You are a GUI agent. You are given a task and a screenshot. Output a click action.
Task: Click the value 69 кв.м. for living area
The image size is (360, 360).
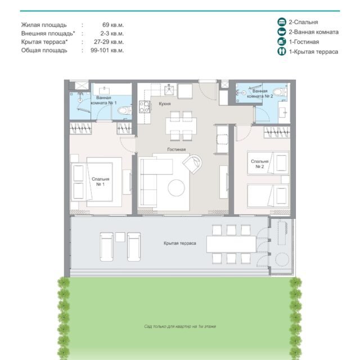(113, 25)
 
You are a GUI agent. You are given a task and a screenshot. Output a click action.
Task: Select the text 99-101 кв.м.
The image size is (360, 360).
(107, 50)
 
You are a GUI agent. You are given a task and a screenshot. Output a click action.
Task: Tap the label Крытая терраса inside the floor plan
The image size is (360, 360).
(180, 243)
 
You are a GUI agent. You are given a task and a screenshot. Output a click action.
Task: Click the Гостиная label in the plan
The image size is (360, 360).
(176, 150)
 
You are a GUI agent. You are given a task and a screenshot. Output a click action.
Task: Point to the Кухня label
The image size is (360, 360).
(165, 103)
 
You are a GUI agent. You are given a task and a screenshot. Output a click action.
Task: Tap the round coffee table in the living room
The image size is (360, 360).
(176, 187)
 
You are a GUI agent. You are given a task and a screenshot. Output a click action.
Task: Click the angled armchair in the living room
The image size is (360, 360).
(192, 163)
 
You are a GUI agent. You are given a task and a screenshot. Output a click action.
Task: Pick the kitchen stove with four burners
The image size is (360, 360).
(144, 107)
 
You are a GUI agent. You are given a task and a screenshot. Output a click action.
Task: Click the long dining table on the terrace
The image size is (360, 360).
(231, 244)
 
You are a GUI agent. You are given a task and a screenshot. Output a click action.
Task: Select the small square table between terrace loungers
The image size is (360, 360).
(120, 237)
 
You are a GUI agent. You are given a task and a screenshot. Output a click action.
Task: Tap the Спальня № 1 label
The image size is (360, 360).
(100, 182)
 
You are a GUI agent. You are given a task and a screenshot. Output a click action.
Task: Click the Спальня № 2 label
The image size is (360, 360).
(260, 164)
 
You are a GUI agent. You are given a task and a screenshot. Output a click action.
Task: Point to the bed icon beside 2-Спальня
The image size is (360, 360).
(282, 22)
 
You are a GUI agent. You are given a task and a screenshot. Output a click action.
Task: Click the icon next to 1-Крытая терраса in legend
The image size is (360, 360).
(282, 51)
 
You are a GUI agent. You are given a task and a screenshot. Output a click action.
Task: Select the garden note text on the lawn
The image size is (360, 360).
(180, 326)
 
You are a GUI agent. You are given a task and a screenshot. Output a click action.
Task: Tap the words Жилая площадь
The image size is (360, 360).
(44, 25)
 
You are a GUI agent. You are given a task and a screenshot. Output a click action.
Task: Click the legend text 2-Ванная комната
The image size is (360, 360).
(314, 32)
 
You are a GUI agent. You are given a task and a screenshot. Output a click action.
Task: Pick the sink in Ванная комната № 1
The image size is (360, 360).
(105, 89)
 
